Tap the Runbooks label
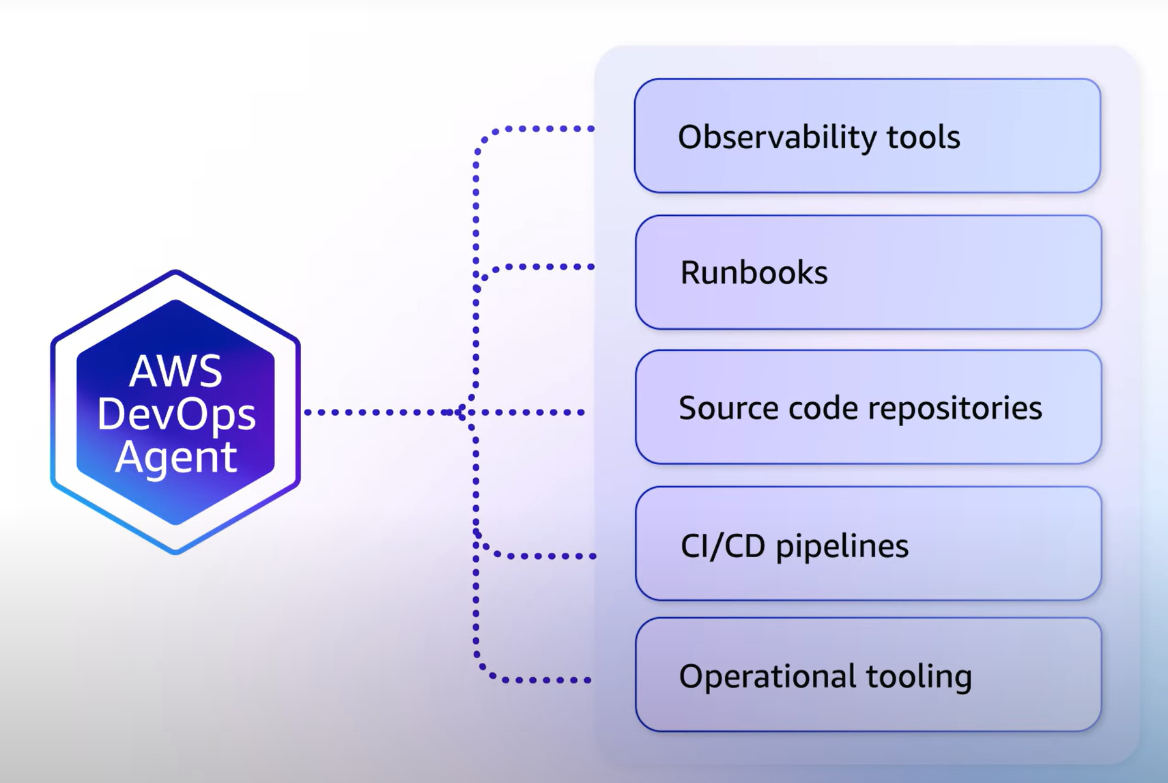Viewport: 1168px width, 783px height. (x=754, y=272)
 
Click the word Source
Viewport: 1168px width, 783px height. (x=728, y=408)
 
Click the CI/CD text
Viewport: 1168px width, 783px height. (x=722, y=546)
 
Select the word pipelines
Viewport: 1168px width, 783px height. (x=842, y=546)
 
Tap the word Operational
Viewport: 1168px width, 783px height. (x=767, y=677)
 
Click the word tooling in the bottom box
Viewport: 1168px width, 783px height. (x=919, y=677)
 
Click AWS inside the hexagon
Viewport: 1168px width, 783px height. (x=175, y=371)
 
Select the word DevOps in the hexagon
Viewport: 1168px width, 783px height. (x=176, y=414)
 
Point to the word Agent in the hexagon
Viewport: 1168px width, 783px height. (x=176, y=457)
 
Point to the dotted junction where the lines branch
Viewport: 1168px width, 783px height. (x=464, y=412)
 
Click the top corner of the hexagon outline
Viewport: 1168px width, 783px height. (x=175, y=272)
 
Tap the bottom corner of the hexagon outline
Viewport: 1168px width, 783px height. (x=175, y=551)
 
